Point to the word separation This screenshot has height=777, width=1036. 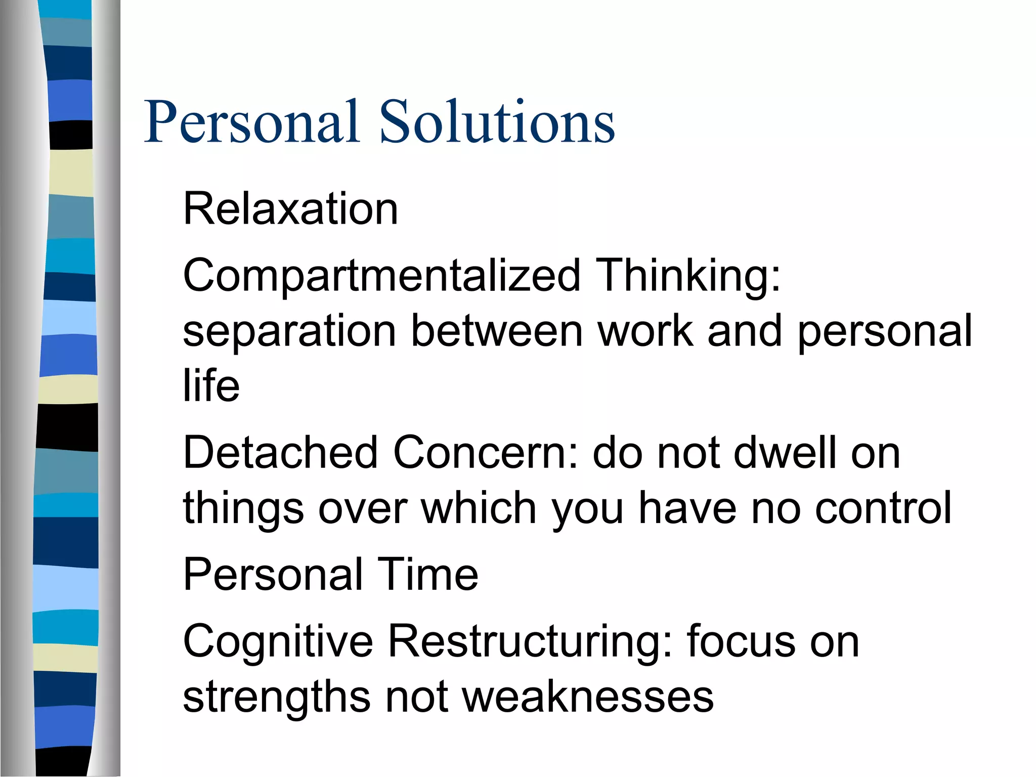pos(289,331)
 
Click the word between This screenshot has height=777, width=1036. pos(497,331)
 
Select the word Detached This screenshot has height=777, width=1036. pos(280,453)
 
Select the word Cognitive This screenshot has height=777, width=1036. pos(278,641)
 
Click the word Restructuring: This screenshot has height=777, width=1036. pos(530,641)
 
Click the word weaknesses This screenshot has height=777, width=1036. pos(587,697)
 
